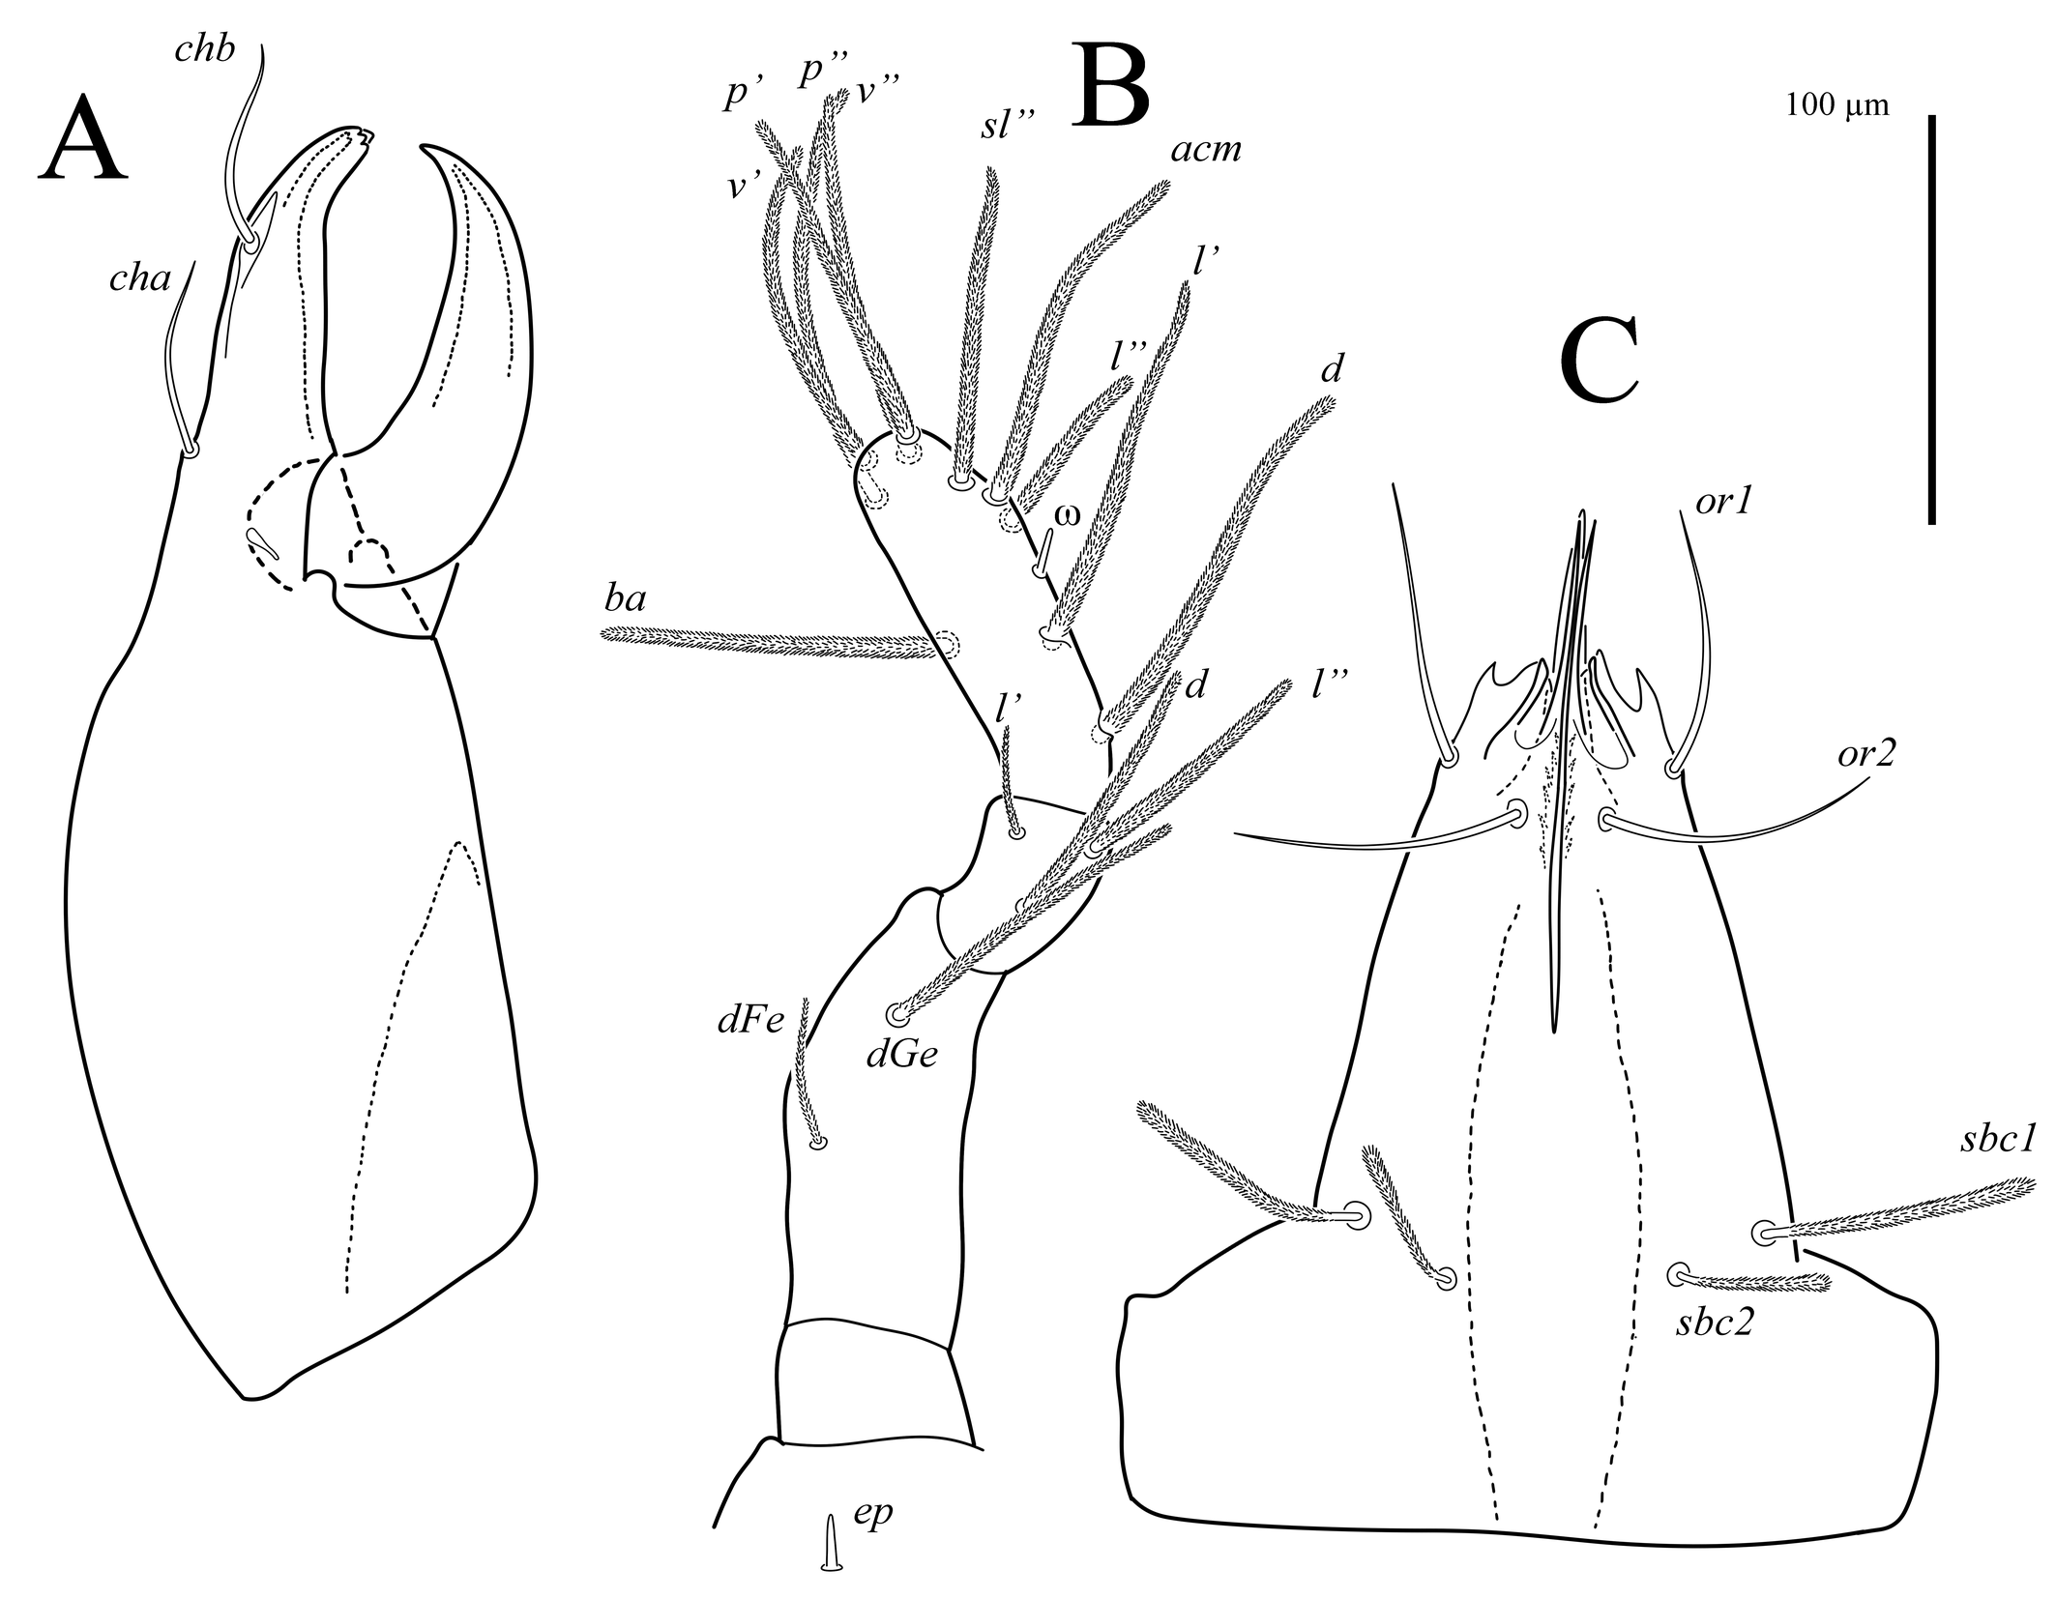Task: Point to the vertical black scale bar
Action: pyautogui.click(x=1931, y=319)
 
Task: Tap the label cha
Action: pyautogui.click(x=139, y=280)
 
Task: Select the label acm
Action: pyautogui.click(x=1205, y=150)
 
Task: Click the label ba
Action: pyautogui.click(x=626, y=600)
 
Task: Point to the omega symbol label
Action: pyautogui.click(x=1066, y=514)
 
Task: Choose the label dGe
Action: pyautogui.click(x=901, y=1056)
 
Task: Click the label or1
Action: pyautogui.click(x=1723, y=504)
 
